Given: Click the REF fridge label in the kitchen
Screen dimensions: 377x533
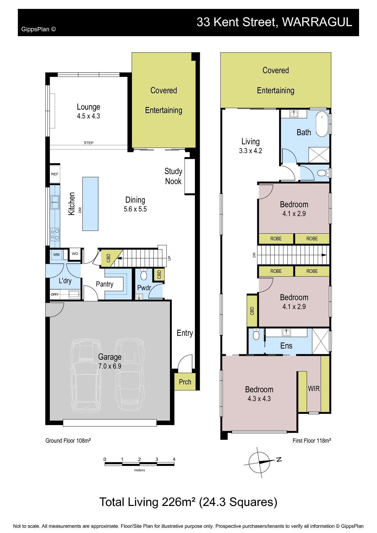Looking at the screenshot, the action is click(54, 174).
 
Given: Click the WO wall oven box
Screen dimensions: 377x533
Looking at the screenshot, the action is click(75, 254).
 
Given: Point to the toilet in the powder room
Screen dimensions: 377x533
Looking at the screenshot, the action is click(144, 275).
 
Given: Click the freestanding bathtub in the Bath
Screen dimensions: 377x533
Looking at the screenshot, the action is click(322, 125).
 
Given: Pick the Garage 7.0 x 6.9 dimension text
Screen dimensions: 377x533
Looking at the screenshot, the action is click(110, 366).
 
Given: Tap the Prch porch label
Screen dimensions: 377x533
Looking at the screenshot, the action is click(185, 382).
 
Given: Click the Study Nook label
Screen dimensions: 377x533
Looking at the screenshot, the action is click(173, 176).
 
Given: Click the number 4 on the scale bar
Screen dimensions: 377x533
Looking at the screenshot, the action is click(174, 459).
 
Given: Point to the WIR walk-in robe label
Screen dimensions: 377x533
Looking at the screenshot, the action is click(314, 388).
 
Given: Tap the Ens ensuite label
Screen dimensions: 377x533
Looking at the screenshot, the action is click(286, 346).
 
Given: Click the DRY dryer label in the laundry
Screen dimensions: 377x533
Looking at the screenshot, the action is click(55, 294).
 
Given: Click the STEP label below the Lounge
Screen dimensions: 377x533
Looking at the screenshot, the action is click(88, 143).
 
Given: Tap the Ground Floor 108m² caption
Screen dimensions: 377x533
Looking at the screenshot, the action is click(68, 441).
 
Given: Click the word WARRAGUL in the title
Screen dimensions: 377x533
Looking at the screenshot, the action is click(317, 22).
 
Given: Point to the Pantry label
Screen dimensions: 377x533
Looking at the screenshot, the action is click(105, 284).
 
